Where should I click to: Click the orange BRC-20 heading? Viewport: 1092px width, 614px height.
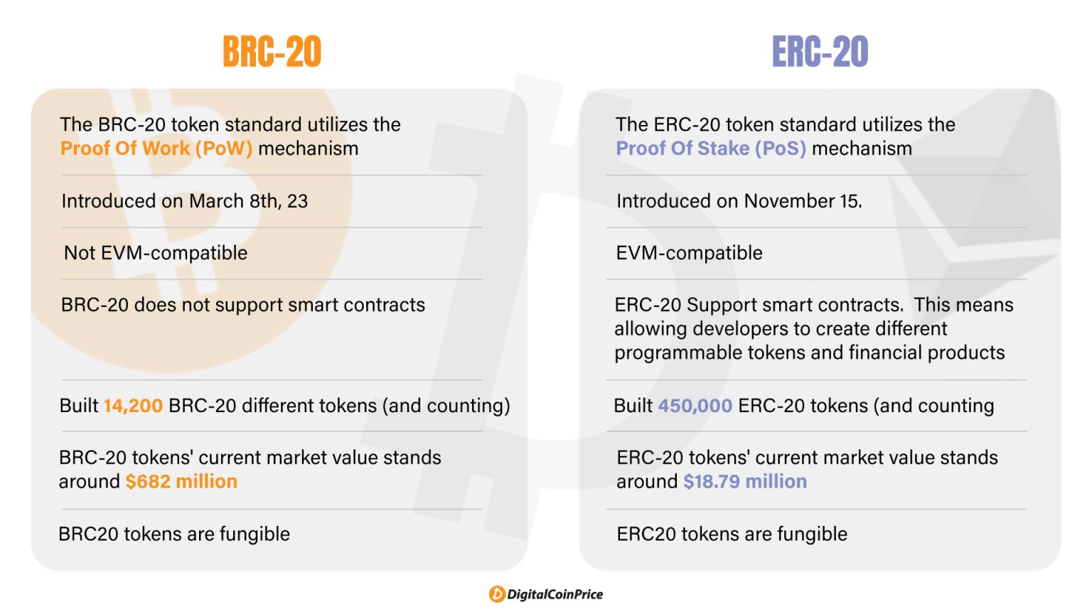tap(272, 52)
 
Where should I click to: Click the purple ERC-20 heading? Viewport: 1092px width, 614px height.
tap(820, 52)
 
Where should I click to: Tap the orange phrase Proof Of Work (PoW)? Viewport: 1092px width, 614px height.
tap(156, 149)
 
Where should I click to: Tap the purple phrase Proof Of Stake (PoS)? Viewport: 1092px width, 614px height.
tap(711, 149)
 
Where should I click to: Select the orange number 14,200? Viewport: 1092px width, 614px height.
tap(133, 406)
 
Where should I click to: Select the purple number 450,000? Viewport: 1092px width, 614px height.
tap(695, 406)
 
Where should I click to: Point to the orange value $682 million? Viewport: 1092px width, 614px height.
tap(181, 482)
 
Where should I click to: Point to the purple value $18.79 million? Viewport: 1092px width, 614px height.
tap(745, 482)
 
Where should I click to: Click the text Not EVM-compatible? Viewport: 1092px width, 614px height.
tap(156, 253)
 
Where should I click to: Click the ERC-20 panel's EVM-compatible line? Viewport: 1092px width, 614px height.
tap(689, 253)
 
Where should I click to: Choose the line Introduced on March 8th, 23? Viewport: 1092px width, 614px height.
tap(185, 201)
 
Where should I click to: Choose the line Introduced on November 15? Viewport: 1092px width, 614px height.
tap(739, 201)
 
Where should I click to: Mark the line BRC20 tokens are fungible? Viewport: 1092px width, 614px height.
tap(174, 534)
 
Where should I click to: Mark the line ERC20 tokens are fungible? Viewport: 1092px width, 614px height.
tap(732, 534)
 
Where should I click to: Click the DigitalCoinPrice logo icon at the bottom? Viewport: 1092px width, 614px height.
tap(497, 595)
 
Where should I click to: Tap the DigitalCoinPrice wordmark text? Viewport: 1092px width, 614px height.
tap(555, 595)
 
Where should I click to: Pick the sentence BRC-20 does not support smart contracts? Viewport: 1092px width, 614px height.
tap(243, 305)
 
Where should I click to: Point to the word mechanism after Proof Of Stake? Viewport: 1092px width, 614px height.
tap(862, 149)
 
